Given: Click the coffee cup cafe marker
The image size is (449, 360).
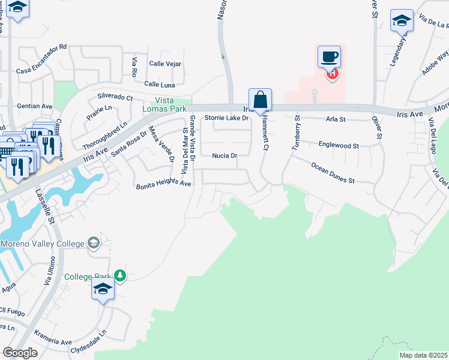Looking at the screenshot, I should [329, 58].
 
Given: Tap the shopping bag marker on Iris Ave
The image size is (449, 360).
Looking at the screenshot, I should [261, 100].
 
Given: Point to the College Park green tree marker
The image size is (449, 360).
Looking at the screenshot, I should [121, 275].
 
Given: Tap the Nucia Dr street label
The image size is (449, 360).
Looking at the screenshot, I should [225, 156].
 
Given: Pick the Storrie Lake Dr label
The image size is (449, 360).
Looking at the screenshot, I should [226, 118].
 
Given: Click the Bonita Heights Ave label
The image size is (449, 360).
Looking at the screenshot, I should [163, 184].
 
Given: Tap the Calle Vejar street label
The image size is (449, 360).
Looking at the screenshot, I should [166, 64].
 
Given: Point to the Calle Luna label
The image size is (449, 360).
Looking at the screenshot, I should [160, 85].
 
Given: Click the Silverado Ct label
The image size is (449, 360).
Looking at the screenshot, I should [115, 97].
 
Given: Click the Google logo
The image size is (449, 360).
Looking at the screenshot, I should [20, 353].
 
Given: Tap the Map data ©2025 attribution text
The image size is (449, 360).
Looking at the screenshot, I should [423, 355].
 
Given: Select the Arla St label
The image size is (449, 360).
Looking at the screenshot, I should [335, 120].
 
